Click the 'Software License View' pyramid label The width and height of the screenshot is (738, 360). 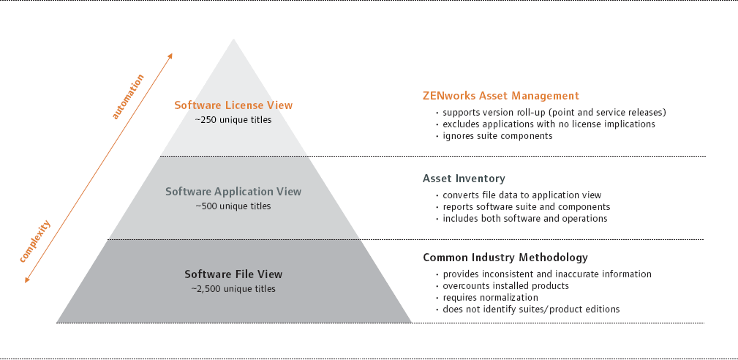pos(233,105)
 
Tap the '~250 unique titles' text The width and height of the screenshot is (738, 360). pos(233,120)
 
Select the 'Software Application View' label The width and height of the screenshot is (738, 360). pos(233,192)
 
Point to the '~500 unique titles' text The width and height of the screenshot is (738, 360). pos(233,206)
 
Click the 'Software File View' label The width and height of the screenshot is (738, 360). pos(233,274)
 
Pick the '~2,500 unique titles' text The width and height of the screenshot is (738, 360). pos(233,289)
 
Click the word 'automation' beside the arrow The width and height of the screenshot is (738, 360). pos(127,97)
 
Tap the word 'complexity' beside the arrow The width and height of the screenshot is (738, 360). pos(35,241)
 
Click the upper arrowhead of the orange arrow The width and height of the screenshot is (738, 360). pos(170,56)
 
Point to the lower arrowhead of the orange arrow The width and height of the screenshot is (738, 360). pos(27,280)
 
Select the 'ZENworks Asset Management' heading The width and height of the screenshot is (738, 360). pos(501,96)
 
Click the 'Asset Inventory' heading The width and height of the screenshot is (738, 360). pos(464,179)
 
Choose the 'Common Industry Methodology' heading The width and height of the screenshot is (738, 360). pos(505,258)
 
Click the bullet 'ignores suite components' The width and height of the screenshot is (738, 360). pos(494,136)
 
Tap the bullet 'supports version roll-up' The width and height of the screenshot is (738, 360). pos(551,113)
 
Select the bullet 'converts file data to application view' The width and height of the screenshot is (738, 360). pos(519,195)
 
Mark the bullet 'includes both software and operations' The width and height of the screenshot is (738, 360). pos(522,218)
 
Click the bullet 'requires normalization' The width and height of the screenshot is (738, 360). pos(487,298)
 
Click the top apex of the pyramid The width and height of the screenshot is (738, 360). pos(233,39)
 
